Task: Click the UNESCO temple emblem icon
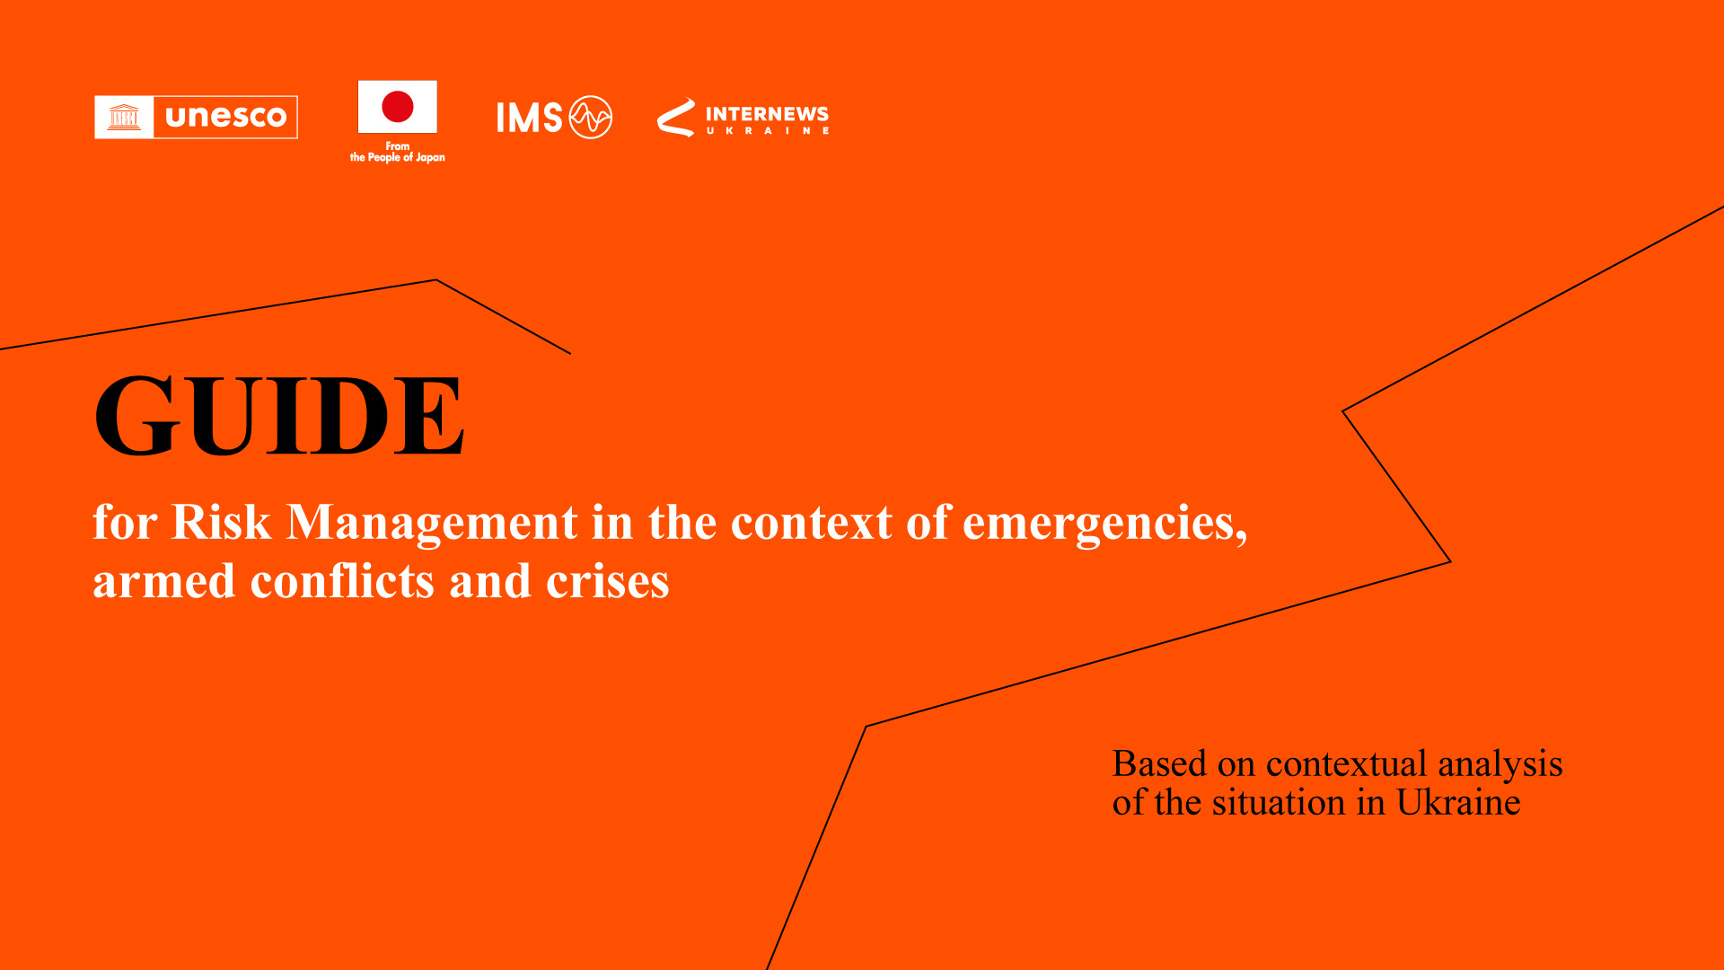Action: click(124, 117)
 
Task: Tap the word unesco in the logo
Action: click(226, 117)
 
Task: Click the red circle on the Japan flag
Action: click(398, 106)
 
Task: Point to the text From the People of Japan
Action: click(398, 152)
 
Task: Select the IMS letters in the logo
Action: click(530, 118)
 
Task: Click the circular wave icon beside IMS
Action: click(591, 118)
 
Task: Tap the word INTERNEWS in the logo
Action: click(767, 114)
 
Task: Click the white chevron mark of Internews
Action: click(676, 117)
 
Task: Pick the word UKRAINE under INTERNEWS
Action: click(767, 131)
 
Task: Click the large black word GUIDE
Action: click(279, 415)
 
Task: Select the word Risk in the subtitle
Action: click(221, 522)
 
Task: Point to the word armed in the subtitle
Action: click(164, 581)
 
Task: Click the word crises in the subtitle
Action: click(608, 582)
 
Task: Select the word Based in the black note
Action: click(1159, 763)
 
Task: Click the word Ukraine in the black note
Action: click(1458, 802)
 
